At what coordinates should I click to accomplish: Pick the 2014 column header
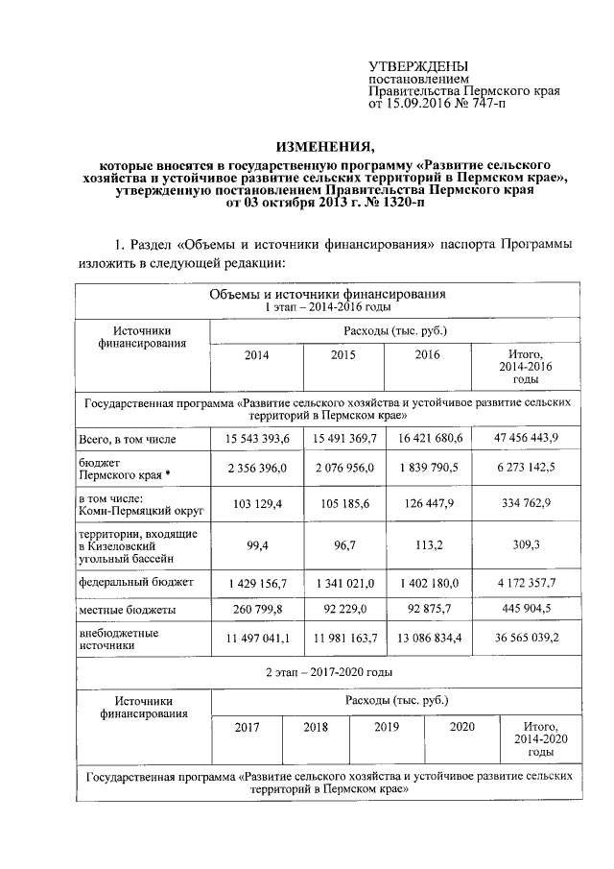tap(256, 355)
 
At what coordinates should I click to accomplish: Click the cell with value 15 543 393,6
tap(256, 439)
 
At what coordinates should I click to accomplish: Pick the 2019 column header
tap(387, 727)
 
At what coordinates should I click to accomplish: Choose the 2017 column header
tap(248, 727)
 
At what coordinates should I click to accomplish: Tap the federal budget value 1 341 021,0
tap(342, 582)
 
